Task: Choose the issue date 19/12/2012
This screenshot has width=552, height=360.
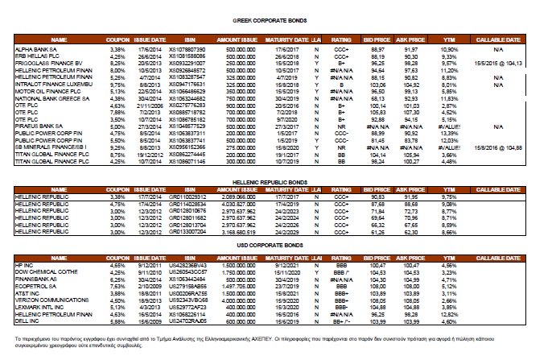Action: click(x=150, y=155)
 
